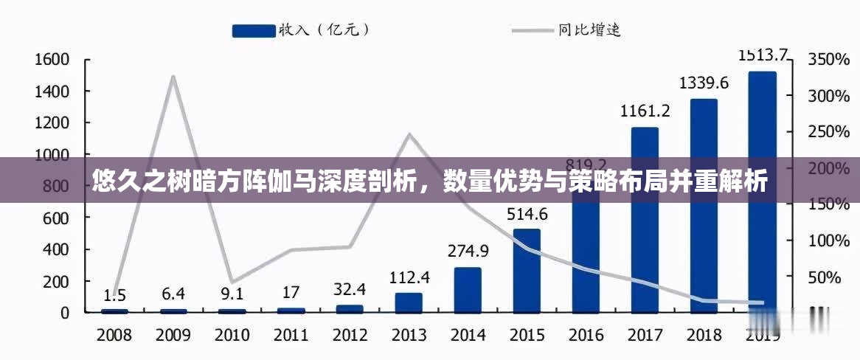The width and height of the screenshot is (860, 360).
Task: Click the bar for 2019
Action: pos(762,192)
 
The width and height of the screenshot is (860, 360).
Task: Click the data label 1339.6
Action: pos(703,83)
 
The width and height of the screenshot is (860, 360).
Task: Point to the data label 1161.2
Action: pos(645,111)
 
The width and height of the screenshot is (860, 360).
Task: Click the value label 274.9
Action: pos(468,251)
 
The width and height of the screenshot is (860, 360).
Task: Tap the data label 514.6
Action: pos(527,215)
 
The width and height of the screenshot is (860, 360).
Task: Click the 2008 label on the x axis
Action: pos(114,335)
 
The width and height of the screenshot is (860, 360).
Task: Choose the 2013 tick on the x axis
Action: pos(409,335)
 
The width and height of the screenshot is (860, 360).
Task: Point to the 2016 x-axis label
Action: pos(586,335)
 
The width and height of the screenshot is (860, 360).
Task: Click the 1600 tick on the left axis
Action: pos(52,60)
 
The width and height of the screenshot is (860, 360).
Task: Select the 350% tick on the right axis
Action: pos(829,60)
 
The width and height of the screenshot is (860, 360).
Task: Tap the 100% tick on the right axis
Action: pos(829,240)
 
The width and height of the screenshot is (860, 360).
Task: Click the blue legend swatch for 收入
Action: pos(252,30)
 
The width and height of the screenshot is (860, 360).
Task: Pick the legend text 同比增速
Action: pos(589,30)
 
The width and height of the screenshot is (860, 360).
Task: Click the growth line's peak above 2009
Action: pos(173,77)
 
